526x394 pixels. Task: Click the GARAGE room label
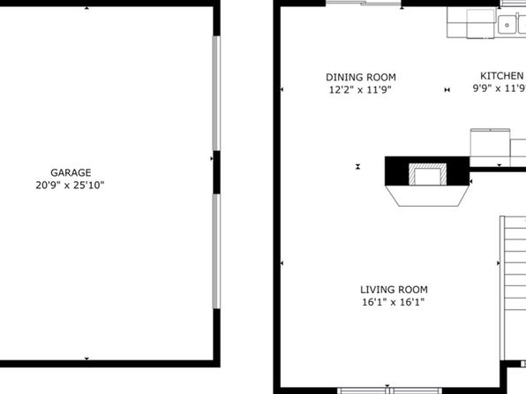[71, 172]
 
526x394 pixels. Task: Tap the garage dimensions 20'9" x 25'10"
[70, 186]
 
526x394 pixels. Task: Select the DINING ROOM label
[361, 78]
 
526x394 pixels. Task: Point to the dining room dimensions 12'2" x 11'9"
[360, 90]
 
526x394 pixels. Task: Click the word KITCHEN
[502, 76]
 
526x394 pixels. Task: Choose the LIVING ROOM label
[394, 290]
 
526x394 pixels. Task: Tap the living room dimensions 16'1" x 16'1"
[393, 302]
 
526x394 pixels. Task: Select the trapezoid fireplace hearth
[427, 195]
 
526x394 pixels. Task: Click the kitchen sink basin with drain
[507, 25]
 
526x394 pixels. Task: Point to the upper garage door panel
[216, 94]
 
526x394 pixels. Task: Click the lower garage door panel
[216, 251]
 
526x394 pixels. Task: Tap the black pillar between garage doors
[217, 172]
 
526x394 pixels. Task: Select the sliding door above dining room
[364, 4]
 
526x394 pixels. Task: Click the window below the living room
[389, 390]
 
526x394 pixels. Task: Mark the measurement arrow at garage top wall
[86, 8]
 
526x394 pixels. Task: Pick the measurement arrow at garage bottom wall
[86, 359]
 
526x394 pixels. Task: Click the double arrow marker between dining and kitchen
[447, 90]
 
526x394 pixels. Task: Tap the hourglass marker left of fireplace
[358, 166]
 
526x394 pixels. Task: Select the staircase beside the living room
[513, 288]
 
